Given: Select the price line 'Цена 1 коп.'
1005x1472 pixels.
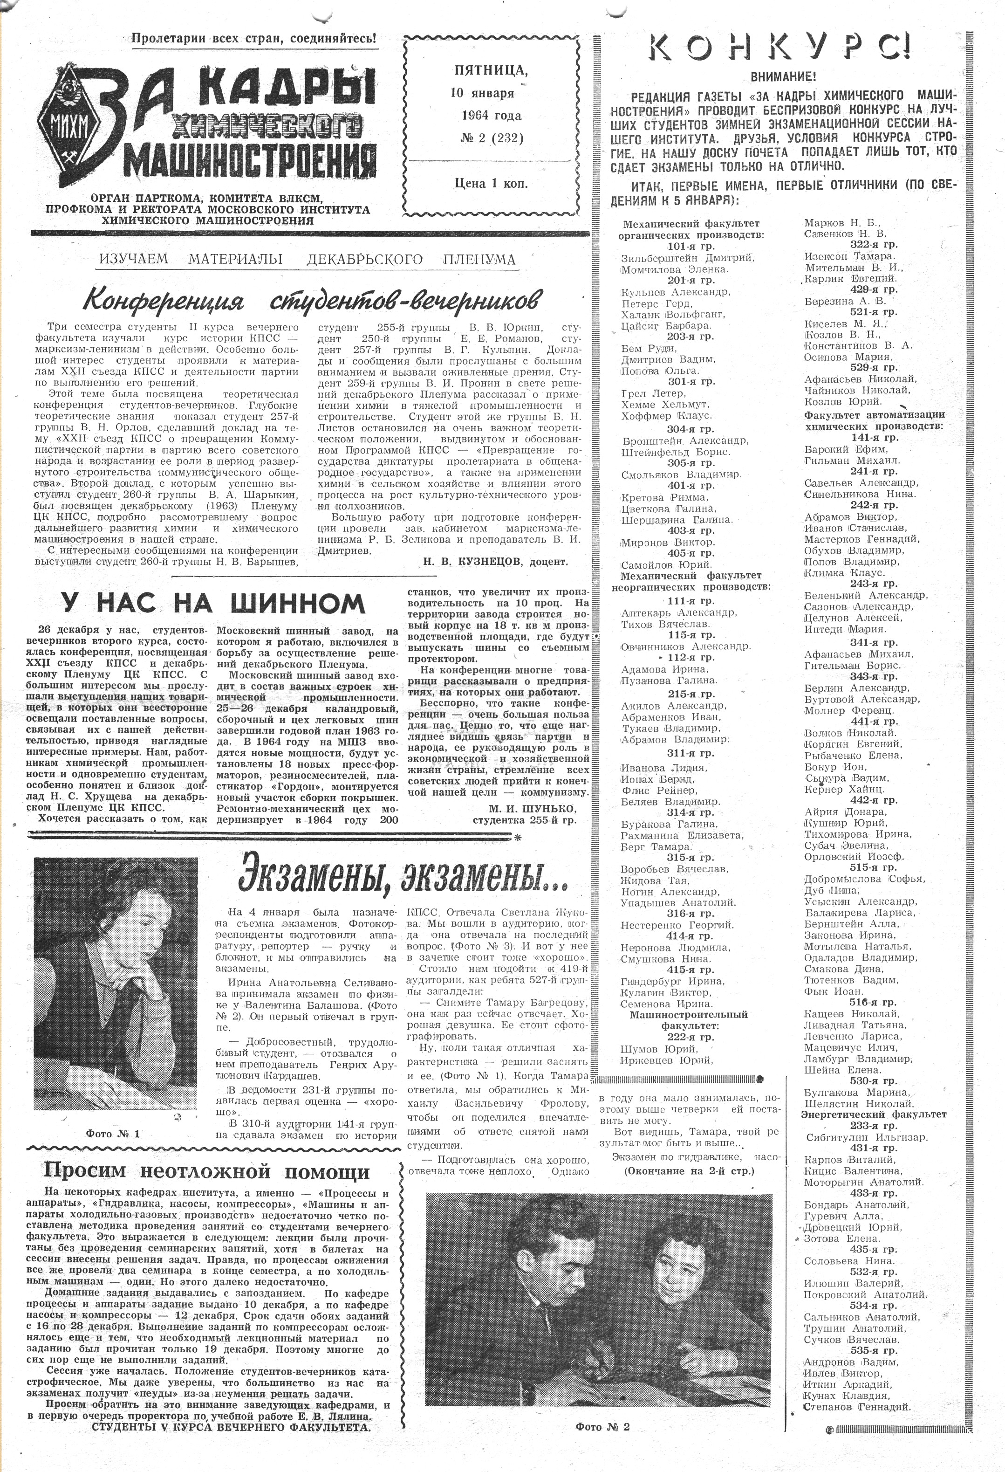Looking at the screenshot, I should (x=491, y=184).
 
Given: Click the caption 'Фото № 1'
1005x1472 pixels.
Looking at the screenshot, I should (x=113, y=1134).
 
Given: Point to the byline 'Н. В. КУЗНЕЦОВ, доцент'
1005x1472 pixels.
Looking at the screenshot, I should (x=493, y=561).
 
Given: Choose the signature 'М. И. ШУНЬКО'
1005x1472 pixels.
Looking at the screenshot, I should (x=532, y=809).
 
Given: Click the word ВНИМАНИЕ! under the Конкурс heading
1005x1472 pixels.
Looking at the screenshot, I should (x=783, y=76).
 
